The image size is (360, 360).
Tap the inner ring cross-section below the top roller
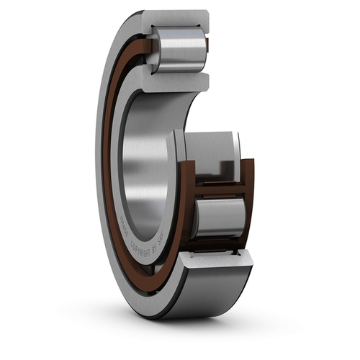(176, 81)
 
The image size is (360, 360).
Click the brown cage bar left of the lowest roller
(186, 209)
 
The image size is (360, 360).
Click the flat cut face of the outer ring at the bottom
(216, 261)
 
